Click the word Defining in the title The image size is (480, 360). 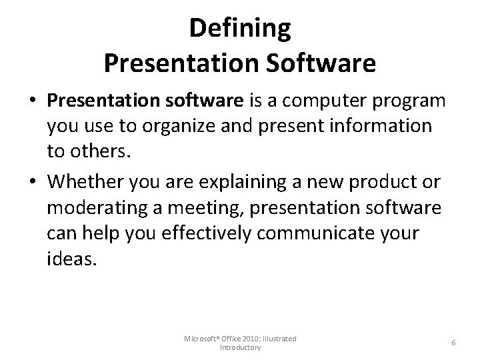point(240,28)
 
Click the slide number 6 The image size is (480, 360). point(453,343)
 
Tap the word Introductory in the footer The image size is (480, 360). point(240,348)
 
